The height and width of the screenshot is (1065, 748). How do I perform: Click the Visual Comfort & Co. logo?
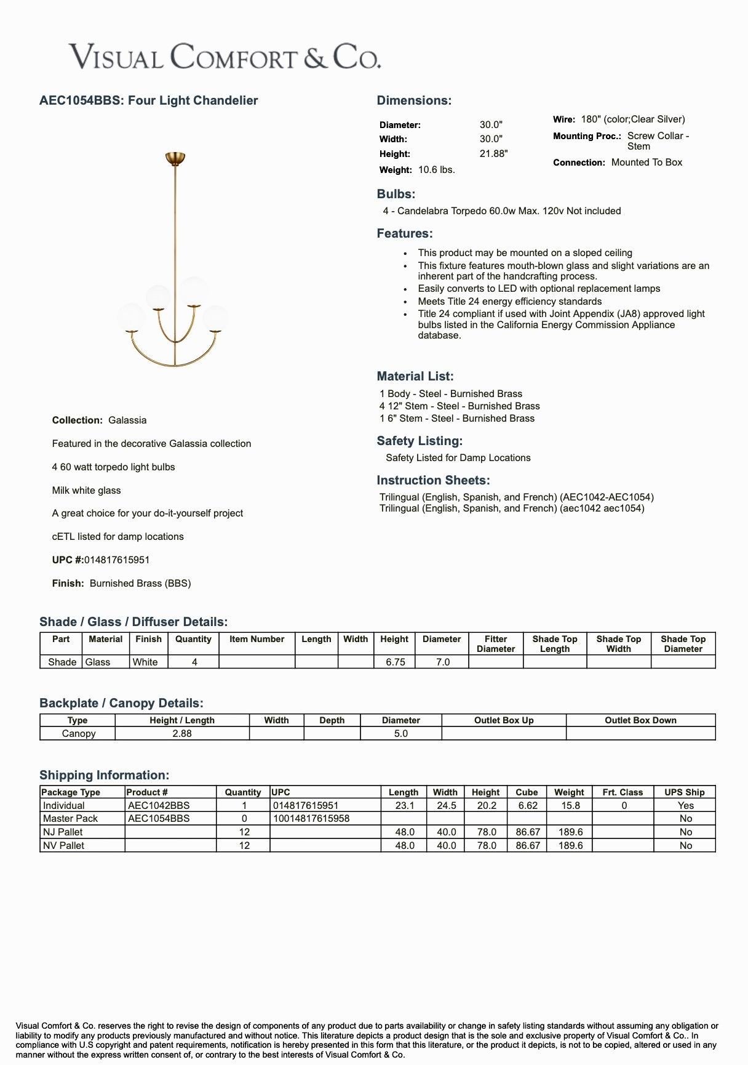point(225,57)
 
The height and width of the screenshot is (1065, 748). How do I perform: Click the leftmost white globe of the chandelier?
point(132,317)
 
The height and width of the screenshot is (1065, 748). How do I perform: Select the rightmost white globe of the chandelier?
point(215,318)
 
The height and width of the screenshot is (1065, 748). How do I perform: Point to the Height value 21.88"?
point(493,154)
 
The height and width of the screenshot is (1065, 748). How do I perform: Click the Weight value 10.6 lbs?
point(436,170)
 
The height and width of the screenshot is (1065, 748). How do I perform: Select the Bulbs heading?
point(396,194)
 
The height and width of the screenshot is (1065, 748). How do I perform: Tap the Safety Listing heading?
point(420,441)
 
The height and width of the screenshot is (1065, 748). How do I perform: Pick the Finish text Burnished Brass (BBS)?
point(140,584)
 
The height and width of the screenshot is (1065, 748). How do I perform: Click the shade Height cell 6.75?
point(395,662)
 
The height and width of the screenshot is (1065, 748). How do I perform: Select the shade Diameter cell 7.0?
point(442,662)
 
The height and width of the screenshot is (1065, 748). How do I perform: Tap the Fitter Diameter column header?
point(496,644)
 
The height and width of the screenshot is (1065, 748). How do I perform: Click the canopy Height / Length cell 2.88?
point(182,734)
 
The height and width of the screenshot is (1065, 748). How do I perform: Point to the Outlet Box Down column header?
point(640,720)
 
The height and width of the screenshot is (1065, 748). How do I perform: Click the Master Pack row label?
point(70,819)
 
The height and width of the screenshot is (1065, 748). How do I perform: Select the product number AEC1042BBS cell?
point(159,806)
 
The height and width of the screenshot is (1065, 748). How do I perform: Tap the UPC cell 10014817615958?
point(311,819)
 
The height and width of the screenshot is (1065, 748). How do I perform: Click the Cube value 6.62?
point(528,806)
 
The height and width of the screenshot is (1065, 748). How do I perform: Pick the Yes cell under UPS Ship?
point(685,806)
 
